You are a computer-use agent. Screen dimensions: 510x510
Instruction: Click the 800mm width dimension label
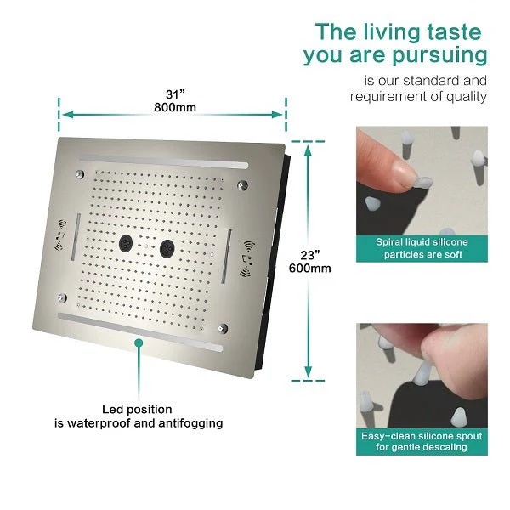pyautogui.click(x=175, y=107)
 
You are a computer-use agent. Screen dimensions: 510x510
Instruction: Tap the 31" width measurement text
pyautogui.click(x=175, y=94)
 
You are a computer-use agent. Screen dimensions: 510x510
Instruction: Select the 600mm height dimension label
pyautogui.click(x=309, y=269)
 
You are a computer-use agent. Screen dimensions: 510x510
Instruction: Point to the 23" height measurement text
pyautogui.click(x=309, y=255)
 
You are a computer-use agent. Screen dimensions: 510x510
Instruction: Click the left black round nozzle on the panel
pyautogui.click(x=126, y=243)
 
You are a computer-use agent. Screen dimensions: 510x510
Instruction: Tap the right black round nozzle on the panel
pyautogui.click(x=167, y=248)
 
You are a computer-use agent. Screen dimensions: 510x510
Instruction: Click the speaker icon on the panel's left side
pyautogui.click(x=59, y=235)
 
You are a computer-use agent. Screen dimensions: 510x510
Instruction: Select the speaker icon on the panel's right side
pyautogui.click(x=247, y=259)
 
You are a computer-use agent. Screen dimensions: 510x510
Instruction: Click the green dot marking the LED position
pyautogui.click(x=139, y=343)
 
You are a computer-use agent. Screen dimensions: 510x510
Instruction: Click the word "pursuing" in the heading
pyautogui.click(x=439, y=56)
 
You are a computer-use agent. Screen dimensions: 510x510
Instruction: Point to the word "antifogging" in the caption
pyautogui.click(x=190, y=423)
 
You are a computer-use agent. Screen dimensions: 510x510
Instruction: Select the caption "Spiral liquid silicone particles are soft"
pyautogui.click(x=422, y=248)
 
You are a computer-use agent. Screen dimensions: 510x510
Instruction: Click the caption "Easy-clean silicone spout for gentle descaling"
pyautogui.click(x=422, y=441)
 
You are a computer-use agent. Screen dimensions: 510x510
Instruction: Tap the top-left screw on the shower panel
pyautogui.click(x=80, y=174)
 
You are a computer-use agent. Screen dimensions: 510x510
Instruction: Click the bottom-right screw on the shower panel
pyautogui.click(x=223, y=328)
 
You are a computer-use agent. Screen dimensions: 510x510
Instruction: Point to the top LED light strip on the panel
pyautogui.click(x=163, y=161)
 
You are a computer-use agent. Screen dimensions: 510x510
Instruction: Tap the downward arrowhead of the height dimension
pyautogui.click(x=308, y=371)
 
